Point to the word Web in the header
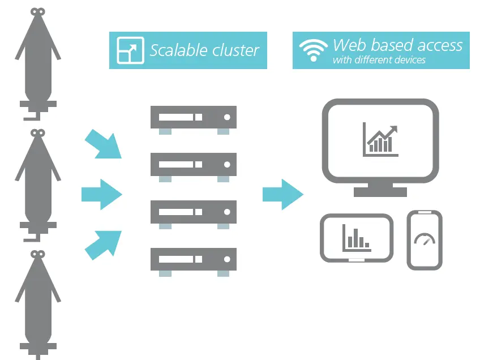pos(350,45)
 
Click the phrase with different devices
pos(379,60)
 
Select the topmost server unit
pos(193,117)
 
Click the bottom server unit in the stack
pos(193,259)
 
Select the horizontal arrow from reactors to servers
pos(102,194)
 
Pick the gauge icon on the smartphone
pos(425,239)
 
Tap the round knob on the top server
pos(227,117)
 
